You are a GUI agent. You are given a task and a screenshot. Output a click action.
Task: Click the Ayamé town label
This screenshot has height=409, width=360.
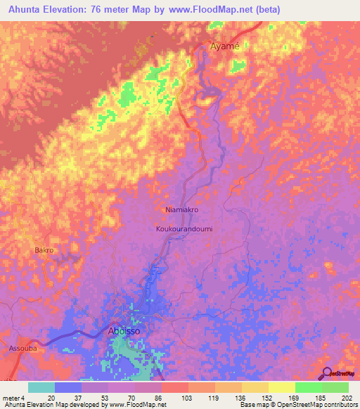click(x=225, y=46)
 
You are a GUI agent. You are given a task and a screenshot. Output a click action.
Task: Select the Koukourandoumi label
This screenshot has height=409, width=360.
click(x=183, y=229)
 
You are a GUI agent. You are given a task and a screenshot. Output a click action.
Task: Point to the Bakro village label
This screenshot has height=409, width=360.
click(x=44, y=249)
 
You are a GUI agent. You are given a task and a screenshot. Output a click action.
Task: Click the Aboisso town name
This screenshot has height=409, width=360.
click(x=128, y=330)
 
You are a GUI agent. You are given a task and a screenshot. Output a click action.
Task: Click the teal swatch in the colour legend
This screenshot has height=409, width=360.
click(x=41, y=387)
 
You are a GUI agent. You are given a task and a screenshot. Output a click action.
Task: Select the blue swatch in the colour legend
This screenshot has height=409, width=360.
click(x=68, y=387)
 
